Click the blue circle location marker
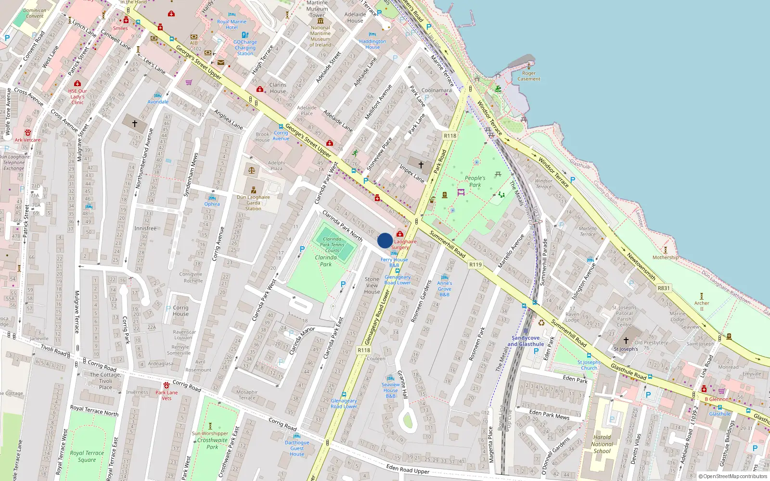click(385, 240)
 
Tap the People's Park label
click(475, 181)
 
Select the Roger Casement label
click(529, 76)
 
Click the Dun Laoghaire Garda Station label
click(253, 203)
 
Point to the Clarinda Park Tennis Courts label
click(332, 244)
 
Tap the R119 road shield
click(475, 265)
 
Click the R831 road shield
click(664, 288)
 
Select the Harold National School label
click(602, 444)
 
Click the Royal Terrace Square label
click(87, 456)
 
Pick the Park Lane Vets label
click(167, 395)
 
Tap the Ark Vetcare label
click(27, 140)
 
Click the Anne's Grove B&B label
click(445, 289)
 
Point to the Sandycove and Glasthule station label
click(526, 341)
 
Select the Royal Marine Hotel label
click(231, 25)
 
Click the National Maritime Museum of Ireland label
click(321, 36)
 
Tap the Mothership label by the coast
click(666, 257)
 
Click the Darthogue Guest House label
click(297, 448)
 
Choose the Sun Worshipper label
click(210, 433)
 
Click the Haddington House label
click(372, 44)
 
